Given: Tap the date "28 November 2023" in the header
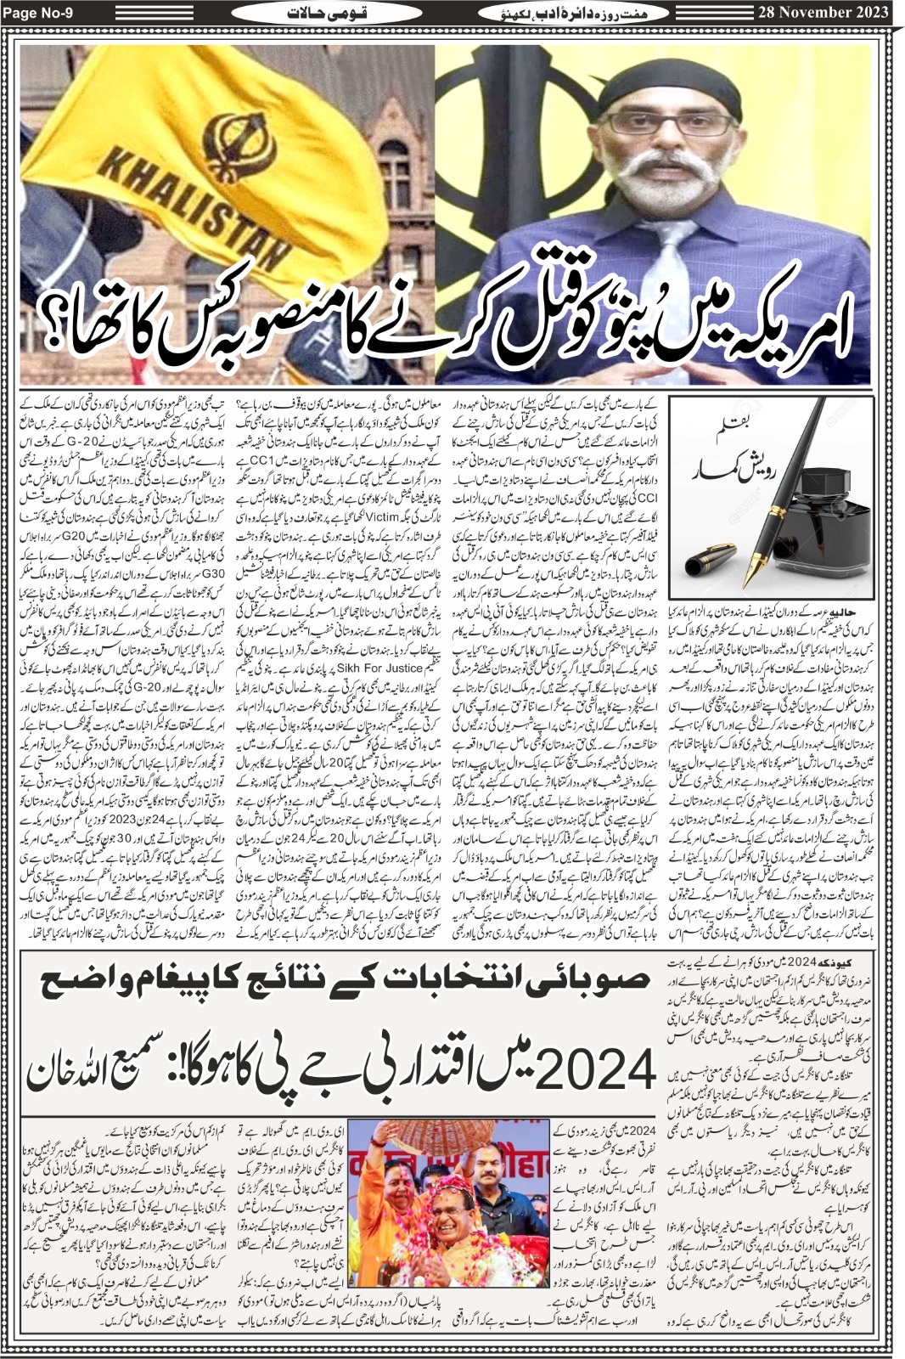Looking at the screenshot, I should [x=820, y=12].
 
